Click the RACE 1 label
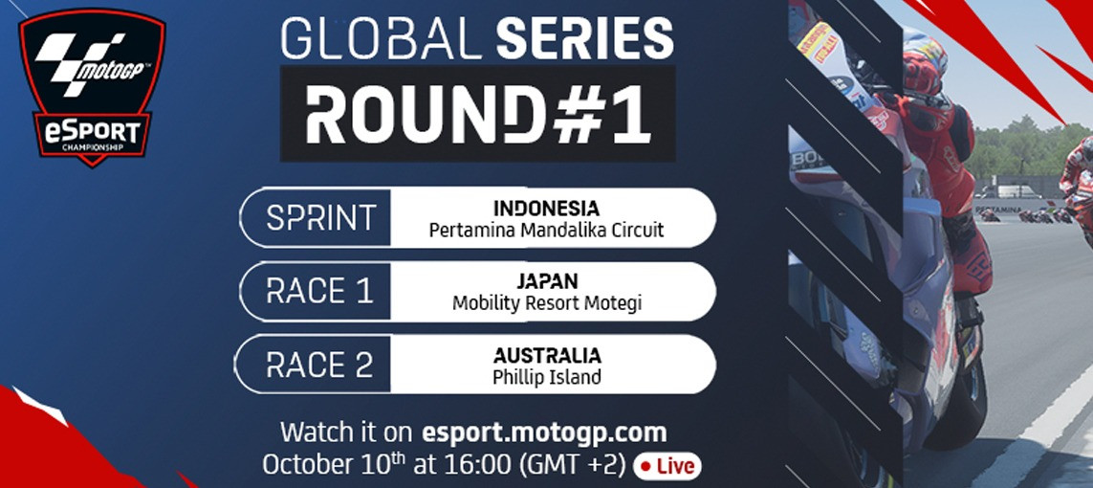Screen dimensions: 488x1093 318,292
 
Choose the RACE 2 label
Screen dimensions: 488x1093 318,365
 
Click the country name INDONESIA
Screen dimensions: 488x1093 546,208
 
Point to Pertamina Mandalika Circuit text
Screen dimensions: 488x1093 546,231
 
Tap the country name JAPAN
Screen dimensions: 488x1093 546,281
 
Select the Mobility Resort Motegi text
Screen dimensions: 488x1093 546,304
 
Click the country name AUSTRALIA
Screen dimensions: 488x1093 546,355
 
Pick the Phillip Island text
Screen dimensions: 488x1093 546,377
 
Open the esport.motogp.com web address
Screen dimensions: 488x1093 544,432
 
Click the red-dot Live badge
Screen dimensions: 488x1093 667,466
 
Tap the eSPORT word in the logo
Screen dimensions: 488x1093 93,131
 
